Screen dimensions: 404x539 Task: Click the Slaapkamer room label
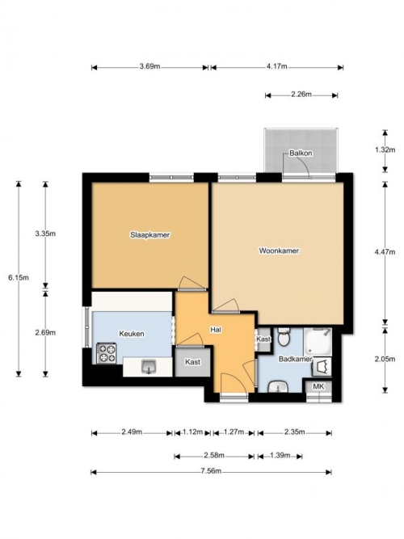tap(150, 235)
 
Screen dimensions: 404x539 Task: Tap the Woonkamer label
tap(279, 251)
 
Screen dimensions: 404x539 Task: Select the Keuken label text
tap(132, 334)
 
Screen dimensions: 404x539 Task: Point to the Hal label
tap(216, 330)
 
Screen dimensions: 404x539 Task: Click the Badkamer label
tap(296, 359)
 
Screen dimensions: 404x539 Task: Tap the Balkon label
tap(301, 153)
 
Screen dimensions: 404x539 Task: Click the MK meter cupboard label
tap(318, 386)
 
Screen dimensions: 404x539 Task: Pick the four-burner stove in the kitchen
tap(106, 353)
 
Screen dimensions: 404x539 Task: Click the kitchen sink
tap(149, 366)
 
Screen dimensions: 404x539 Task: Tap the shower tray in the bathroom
tap(318, 342)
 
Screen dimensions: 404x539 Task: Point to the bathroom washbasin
tap(278, 387)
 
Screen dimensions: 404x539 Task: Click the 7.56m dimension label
tap(211, 471)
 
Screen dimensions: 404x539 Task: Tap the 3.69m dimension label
tap(150, 66)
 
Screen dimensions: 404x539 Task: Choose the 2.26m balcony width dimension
tap(301, 95)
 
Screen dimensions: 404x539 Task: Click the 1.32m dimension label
tap(385, 149)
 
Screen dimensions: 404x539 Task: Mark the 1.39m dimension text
tap(280, 456)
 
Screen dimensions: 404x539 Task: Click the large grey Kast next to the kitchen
tap(192, 362)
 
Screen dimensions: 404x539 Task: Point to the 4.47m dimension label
tap(385, 251)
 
